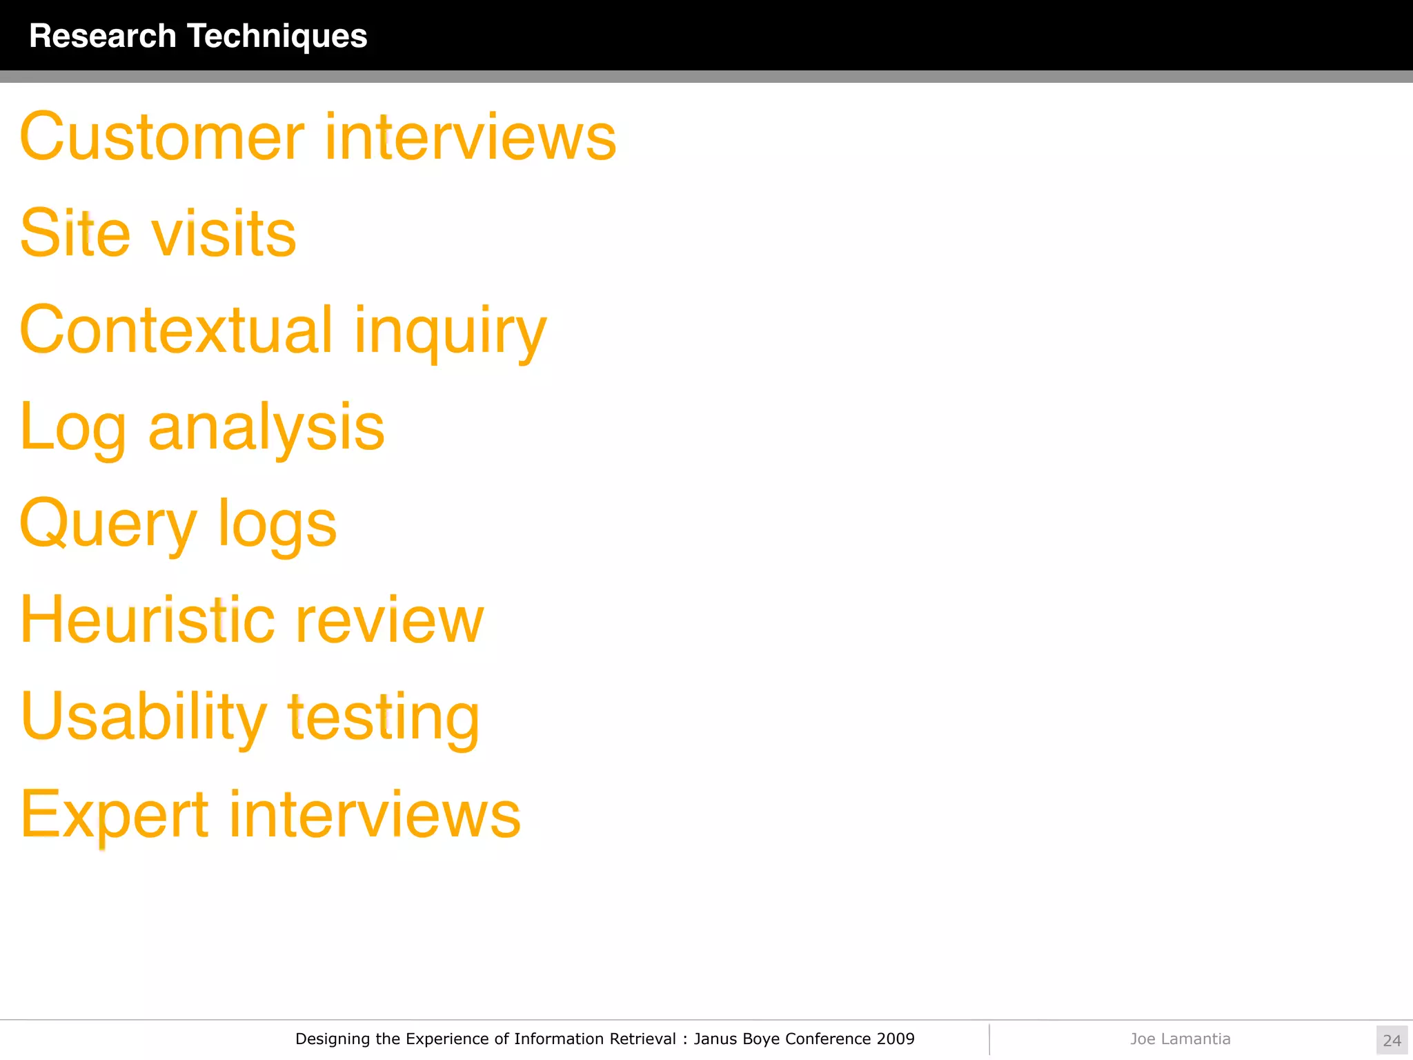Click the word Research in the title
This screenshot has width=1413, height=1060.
103,36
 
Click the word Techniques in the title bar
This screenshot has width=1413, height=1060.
277,36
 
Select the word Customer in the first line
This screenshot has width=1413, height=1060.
162,137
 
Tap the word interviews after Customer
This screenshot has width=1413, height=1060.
471,137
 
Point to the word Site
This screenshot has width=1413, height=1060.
75,233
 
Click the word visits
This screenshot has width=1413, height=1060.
224,233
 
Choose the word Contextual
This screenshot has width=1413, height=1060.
177,330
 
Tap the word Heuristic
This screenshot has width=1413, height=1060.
148,620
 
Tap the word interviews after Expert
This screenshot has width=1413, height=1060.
375,814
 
